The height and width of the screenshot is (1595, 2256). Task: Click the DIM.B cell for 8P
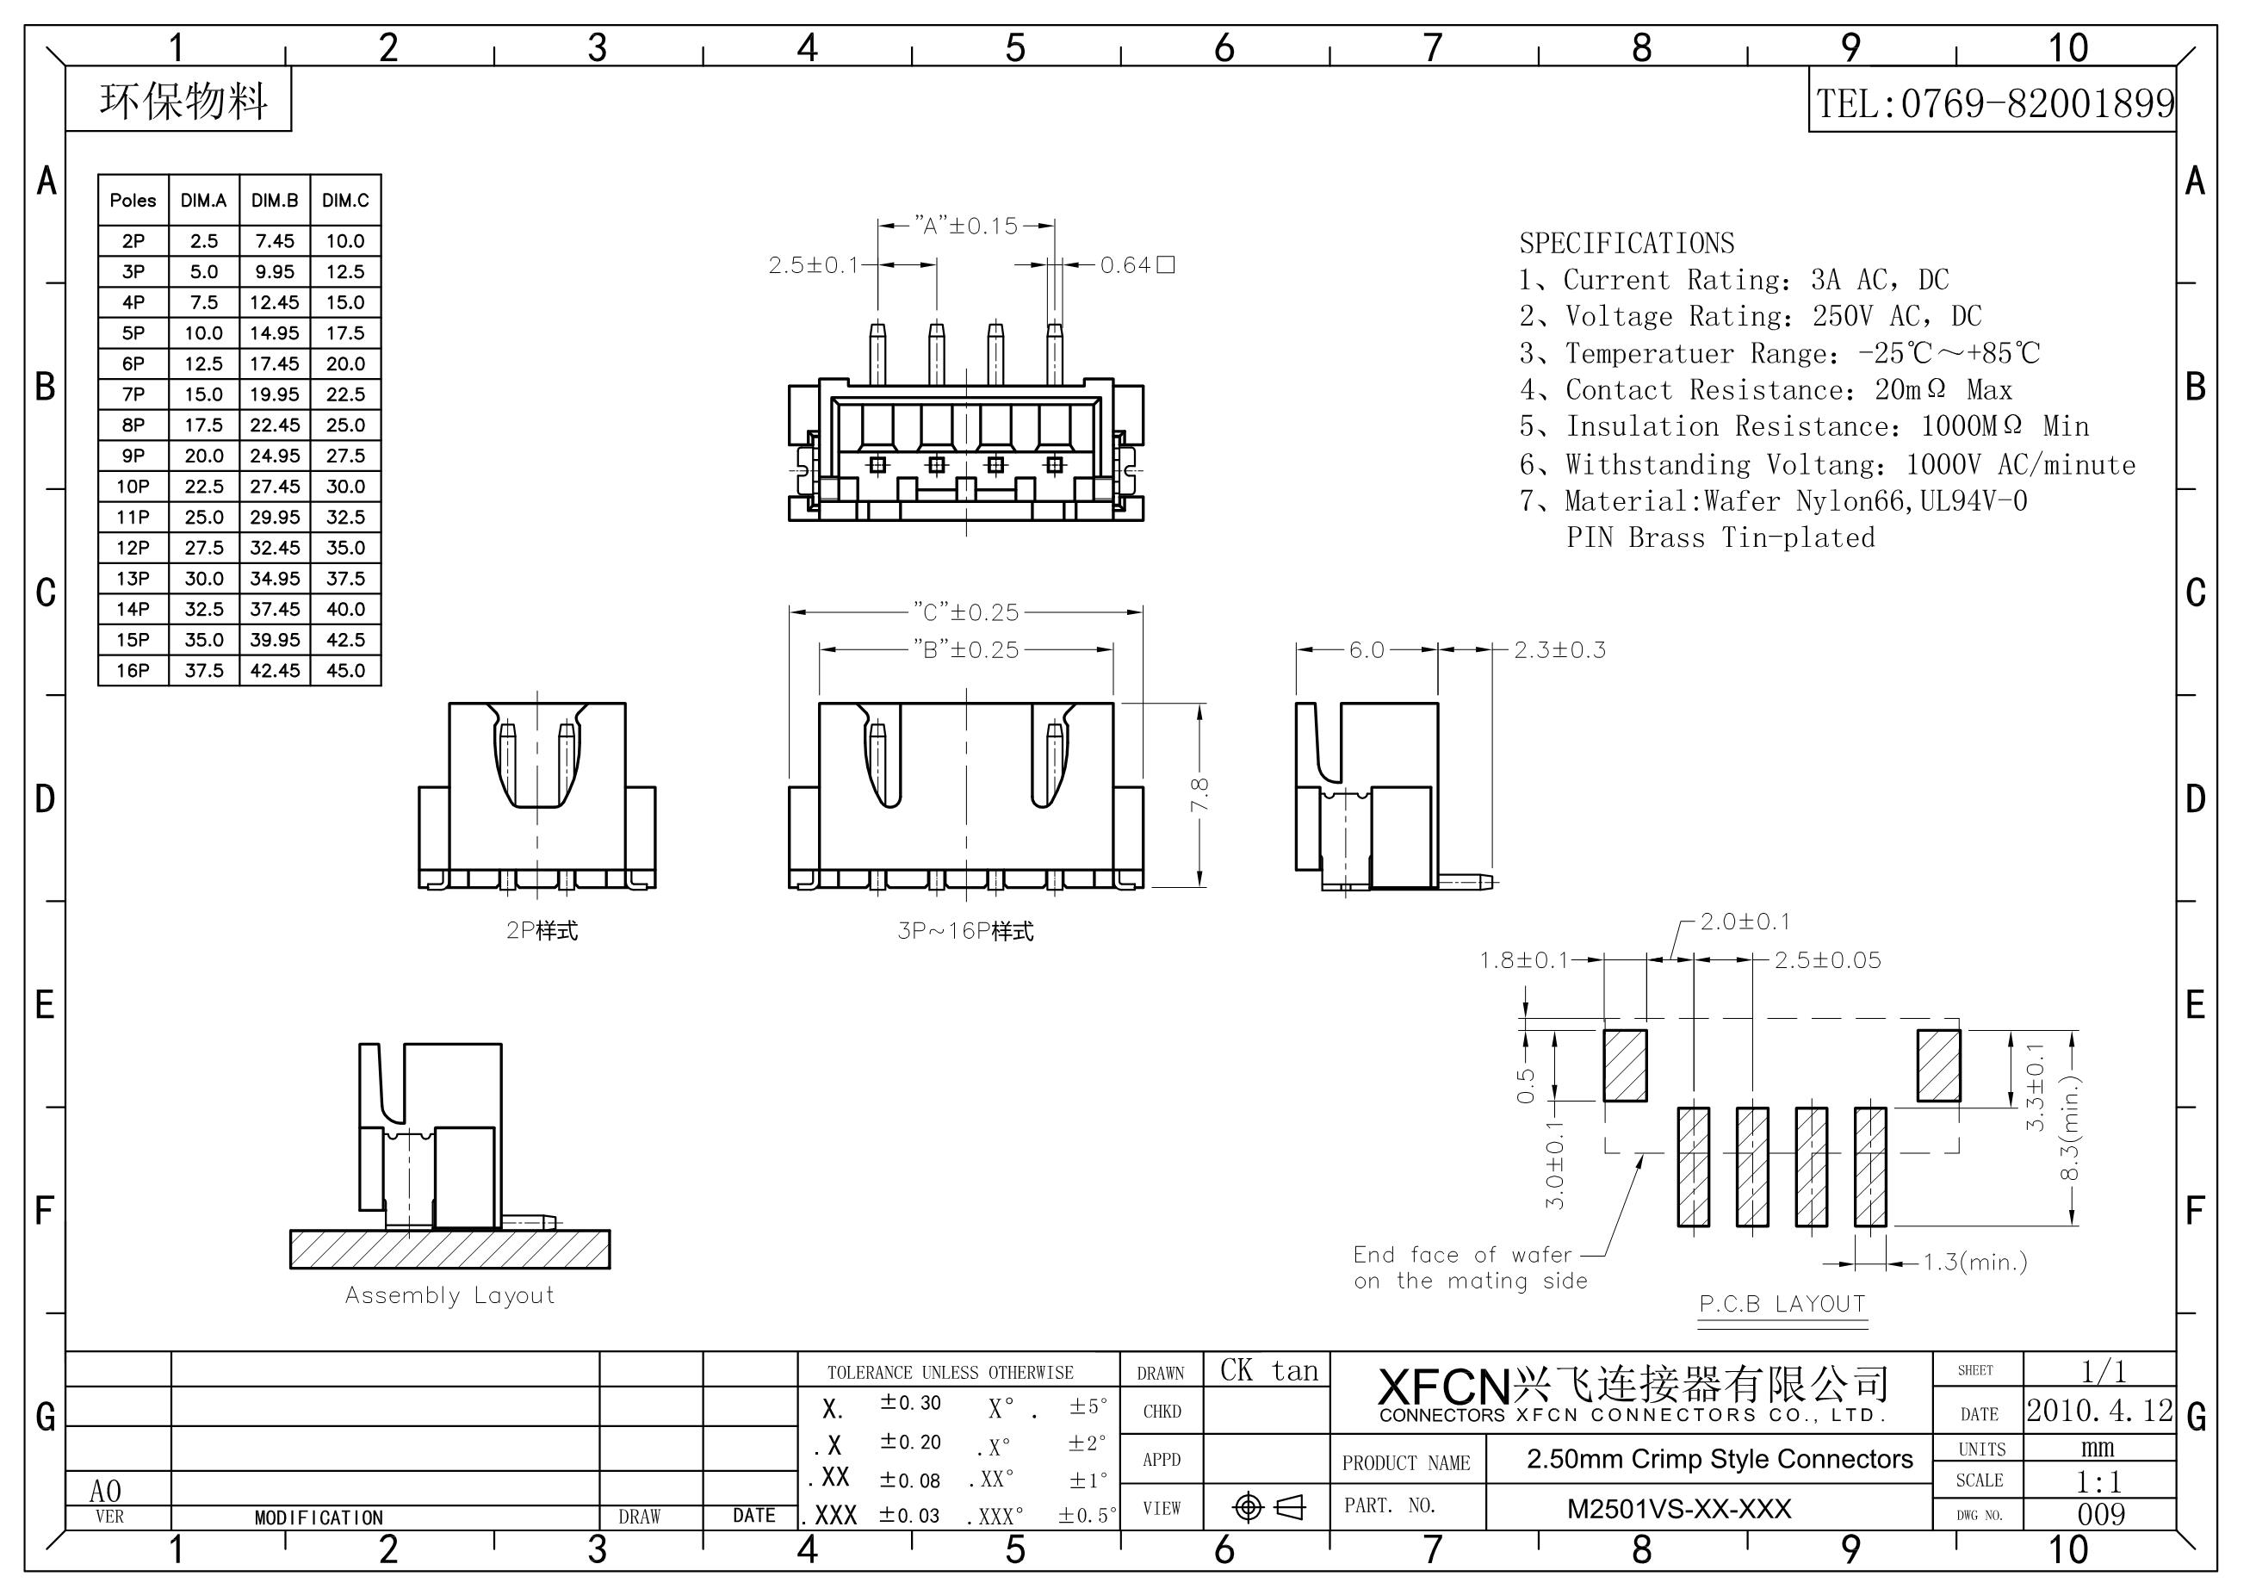coord(274,425)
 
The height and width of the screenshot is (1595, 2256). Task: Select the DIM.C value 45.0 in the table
coord(345,670)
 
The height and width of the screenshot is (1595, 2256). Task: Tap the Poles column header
coord(133,201)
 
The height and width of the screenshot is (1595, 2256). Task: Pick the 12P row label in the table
coord(133,548)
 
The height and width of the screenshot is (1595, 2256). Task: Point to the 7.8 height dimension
coord(1199,794)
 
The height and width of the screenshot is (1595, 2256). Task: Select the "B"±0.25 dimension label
coord(966,649)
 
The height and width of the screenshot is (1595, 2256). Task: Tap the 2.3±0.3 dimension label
coord(1559,649)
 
